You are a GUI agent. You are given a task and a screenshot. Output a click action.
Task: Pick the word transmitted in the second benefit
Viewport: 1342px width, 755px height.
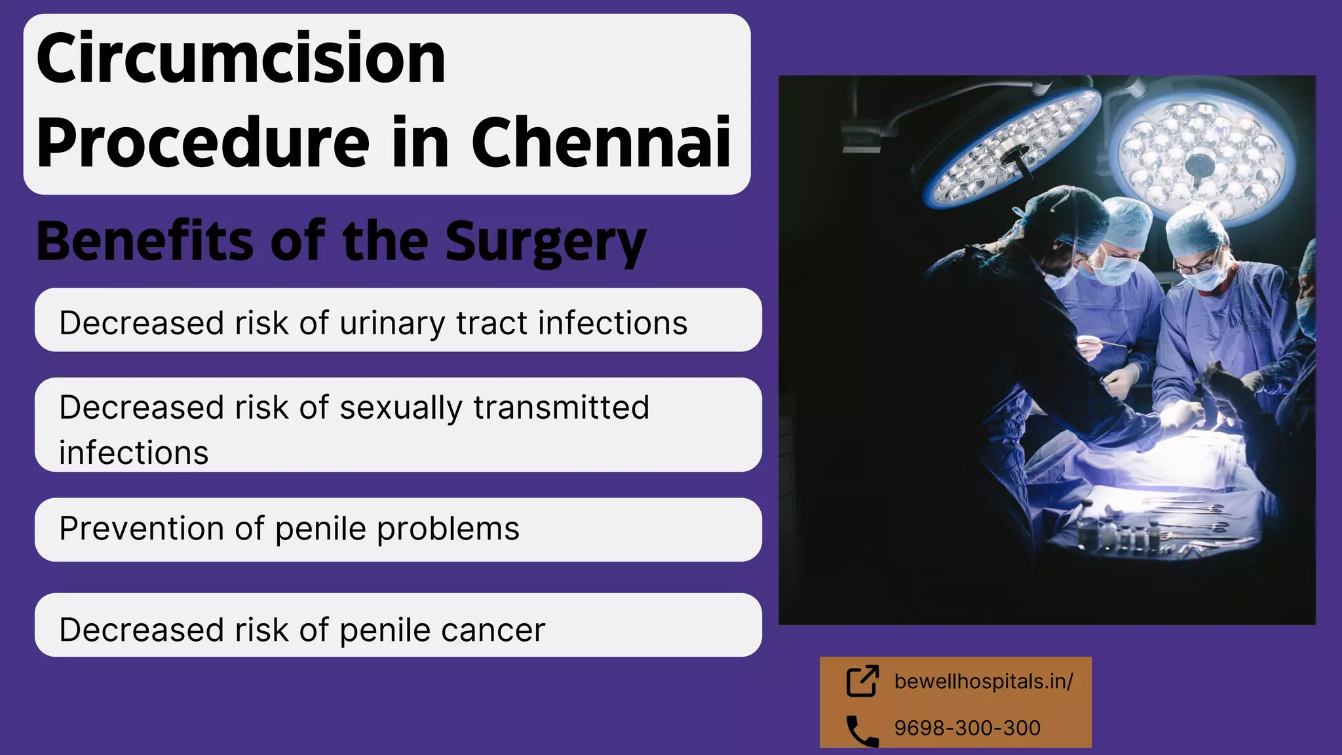coord(561,408)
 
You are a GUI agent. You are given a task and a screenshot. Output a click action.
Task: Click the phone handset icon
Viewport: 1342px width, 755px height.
coord(862,731)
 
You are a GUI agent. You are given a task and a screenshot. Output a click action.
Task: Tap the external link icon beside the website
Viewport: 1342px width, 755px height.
coord(862,681)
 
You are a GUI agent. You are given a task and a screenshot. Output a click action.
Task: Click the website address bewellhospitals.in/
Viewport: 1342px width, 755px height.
coord(983,682)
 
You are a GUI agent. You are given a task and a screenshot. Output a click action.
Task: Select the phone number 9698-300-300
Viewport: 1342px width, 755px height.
coord(967,728)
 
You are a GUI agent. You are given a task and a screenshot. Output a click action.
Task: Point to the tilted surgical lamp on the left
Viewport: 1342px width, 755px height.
coord(1012,147)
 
